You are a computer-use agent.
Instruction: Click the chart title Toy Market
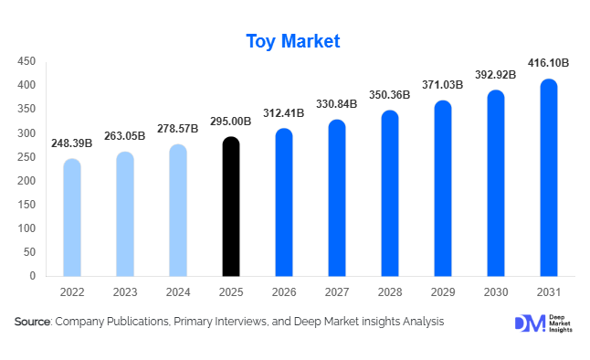(x=293, y=41)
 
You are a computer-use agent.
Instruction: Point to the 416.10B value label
(x=548, y=63)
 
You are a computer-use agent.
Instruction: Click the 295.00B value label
(x=231, y=121)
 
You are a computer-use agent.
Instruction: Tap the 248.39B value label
(x=72, y=143)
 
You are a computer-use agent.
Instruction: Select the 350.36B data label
(x=390, y=94)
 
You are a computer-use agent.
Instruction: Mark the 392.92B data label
(x=495, y=74)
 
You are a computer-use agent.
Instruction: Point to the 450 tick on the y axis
(x=26, y=62)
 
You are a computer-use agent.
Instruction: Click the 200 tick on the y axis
(x=26, y=181)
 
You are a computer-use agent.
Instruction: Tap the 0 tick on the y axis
(x=32, y=276)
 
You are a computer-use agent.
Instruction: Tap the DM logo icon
(x=529, y=323)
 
